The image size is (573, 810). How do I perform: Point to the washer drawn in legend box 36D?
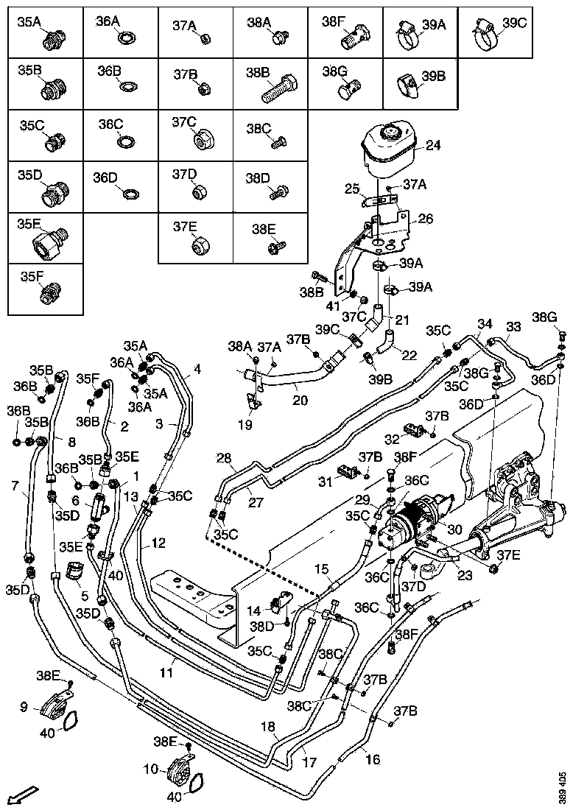(130, 194)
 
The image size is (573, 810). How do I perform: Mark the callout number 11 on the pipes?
(167, 672)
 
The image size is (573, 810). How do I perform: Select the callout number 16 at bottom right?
(373, 758)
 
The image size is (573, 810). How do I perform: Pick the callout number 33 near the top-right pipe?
(513, 326)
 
